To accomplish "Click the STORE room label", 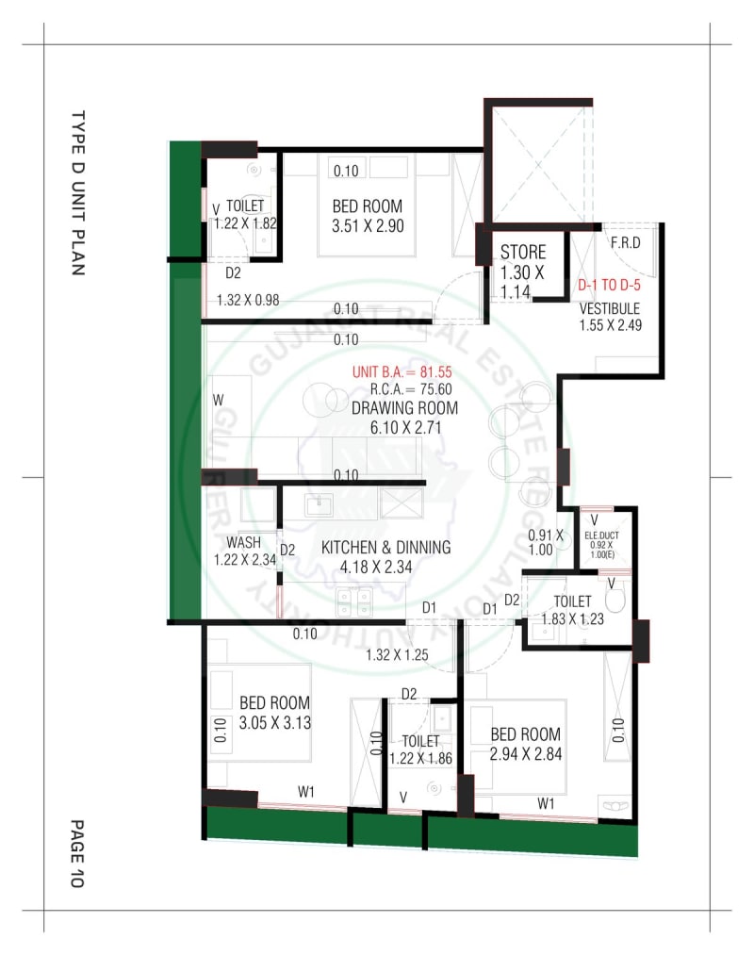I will click(523, 253).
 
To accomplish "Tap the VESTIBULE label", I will click(609, 309).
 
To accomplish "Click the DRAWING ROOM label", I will click(404, 408).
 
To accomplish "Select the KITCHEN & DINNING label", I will click(385, 548).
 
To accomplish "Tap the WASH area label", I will click(244, 543).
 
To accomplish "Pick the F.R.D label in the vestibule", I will click(626, 242).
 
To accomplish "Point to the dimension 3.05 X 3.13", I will click(274, 723).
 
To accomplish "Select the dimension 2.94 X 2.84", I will click(525, 754).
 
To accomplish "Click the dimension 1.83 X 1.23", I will click(572, 619).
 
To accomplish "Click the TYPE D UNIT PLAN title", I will click(78, 192).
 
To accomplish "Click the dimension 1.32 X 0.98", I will click(249, 301).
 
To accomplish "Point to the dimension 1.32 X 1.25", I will click(397, 655).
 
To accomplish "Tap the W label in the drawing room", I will click(218, 400).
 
